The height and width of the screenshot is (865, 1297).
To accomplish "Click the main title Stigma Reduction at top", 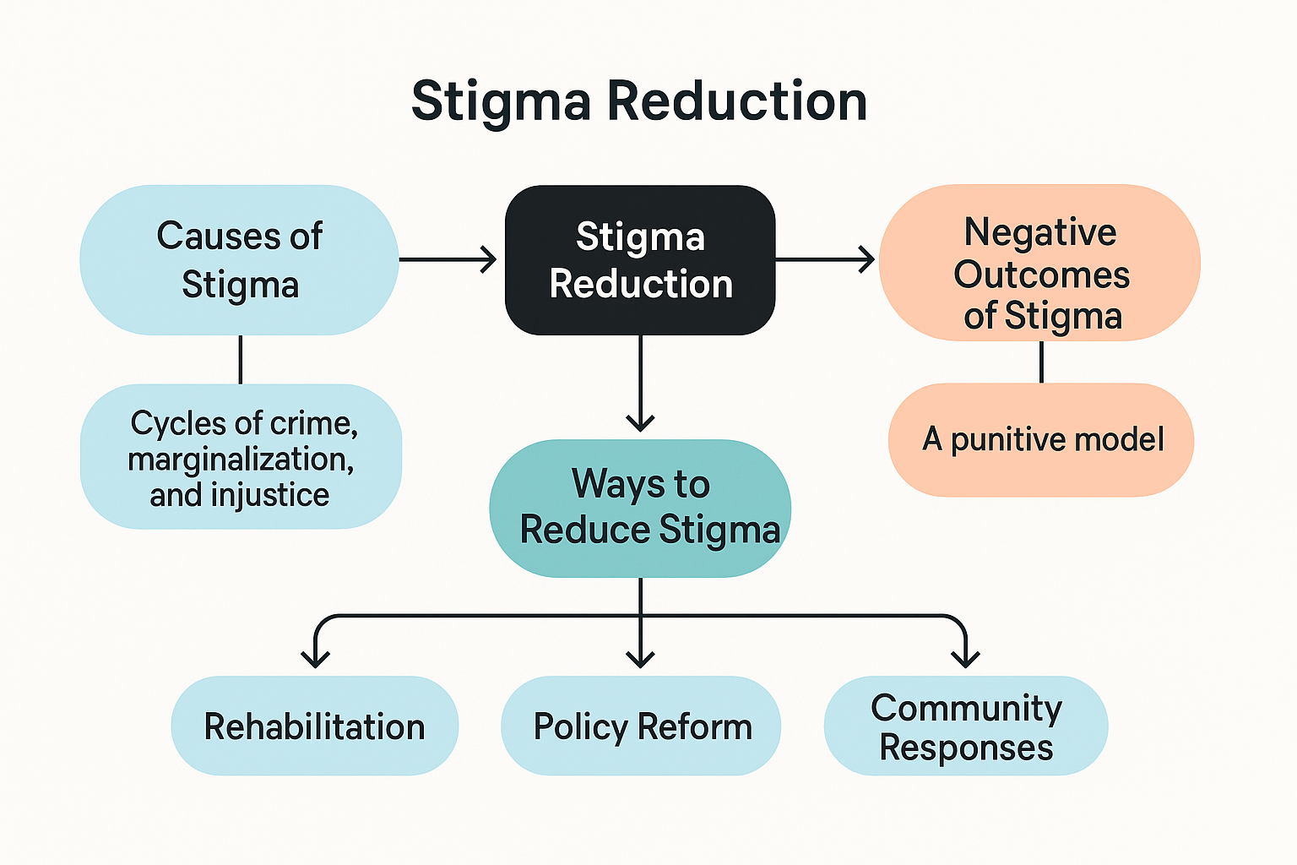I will click(x=639, y=101).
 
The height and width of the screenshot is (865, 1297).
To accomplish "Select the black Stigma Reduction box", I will click(x=640, y=260).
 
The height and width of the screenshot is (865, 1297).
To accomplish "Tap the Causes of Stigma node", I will click(x=240, y=260).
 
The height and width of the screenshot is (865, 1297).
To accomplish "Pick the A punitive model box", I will click(x=1042, y=440).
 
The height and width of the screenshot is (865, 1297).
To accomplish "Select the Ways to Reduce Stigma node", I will click(x=640, y=508).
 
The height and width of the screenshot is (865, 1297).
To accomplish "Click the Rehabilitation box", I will click(x=315, y=726).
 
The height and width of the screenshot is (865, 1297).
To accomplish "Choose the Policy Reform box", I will click(x=641, y=726).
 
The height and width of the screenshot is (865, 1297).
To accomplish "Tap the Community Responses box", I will click(x=966, y=726).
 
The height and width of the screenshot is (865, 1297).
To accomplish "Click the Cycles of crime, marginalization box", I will click(x=241, y=458).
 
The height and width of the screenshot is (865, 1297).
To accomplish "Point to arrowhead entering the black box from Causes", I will click(x=489, y=259).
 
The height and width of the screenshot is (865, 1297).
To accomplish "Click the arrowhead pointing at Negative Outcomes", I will click(x=866, y=259).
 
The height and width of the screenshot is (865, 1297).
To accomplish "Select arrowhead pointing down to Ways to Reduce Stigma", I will click(x=640, y=422).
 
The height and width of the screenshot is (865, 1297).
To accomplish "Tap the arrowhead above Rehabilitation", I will click(x=315, y=658).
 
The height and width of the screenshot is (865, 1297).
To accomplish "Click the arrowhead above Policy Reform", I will click(x=641, y=658).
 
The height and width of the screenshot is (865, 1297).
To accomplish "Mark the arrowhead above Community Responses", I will click(x=965, y=658).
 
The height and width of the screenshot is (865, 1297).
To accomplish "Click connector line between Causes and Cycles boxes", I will click(x=241, y=360).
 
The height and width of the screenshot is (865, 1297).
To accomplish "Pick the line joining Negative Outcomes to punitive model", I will click(x=1041, y=362).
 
